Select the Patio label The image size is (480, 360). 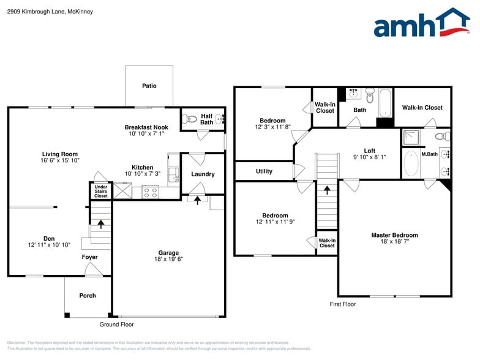tap(149, 86)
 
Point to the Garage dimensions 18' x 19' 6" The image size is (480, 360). tap(168, 260)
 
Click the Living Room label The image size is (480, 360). tap(60, 154)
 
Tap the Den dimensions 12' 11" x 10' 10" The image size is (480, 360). tap(48, 245)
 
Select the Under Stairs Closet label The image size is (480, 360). tap(101, 191)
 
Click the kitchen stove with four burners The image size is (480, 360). tap(150, 192)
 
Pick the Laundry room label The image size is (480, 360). tap(203, 174)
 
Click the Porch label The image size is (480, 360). tap(88, 296)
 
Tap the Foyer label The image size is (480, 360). tap(90, 257)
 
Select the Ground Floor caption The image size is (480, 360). tap(116, 324)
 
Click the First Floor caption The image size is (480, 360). tap(343, 304)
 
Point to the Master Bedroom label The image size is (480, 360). tap(394, 235)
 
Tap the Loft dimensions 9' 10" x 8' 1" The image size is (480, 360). tap(369, 157)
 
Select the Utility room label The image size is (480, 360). tap(264, 171)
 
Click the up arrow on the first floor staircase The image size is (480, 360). tap(326, 190)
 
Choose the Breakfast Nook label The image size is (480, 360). tap(146, 127)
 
